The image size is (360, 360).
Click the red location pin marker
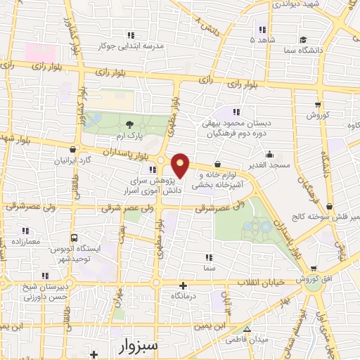click(180, 165)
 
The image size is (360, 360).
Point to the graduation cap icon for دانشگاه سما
click(302, 39)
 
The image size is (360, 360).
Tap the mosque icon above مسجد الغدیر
click(270, 155)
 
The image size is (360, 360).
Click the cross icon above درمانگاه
click(184, 285)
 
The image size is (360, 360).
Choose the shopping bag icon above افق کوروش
click(312, 268)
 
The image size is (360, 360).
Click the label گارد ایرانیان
click(71, 160)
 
